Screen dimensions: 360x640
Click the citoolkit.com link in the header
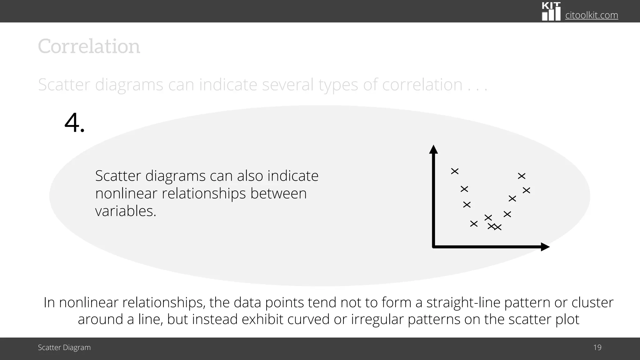[x=592, y=15]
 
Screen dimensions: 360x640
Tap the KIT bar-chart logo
[x=551, y=12]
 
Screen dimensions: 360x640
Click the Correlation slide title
[x=89, y=47]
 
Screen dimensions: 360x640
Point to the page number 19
[x=597, y=347]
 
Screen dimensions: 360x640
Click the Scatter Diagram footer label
[x=64, y=347]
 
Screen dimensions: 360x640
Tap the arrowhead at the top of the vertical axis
[x=433, y=149]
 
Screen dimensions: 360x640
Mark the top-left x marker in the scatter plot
[x=455, y=171]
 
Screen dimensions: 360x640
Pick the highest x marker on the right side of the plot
[x=522, y=176]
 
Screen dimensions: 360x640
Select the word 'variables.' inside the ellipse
[x=126, y=211]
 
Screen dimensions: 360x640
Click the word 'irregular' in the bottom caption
[x=377, y=319]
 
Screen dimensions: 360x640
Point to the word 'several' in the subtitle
[x=287, y=85]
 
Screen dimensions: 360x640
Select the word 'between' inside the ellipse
[x=278, y=193]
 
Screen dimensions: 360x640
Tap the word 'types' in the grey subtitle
[x=338, y=85]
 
